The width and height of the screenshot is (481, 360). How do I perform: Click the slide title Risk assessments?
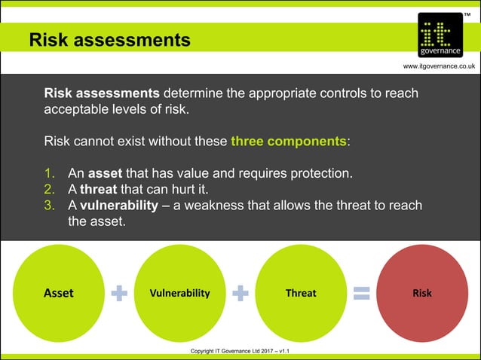109,39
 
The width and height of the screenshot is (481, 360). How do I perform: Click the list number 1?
49,173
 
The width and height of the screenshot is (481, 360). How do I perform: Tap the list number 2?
49,189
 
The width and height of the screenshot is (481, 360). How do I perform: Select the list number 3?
49,205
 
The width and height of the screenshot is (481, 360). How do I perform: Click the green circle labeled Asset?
59,293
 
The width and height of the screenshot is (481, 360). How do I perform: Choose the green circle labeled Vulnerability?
180,293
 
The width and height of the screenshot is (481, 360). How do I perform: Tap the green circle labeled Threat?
301,293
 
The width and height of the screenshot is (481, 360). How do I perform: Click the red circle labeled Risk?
422,293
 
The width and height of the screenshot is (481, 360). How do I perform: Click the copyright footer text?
240,351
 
